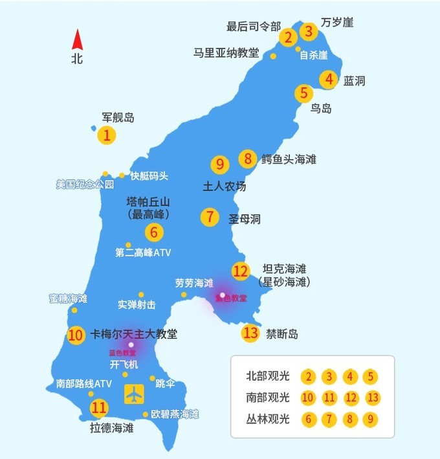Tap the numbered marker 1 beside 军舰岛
[x=107, y=135]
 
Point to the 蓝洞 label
[x=355, y=81]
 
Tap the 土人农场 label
[x=225, y=186]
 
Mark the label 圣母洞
[x=245, y=219]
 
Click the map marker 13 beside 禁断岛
[x=250, y=333]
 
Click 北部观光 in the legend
[x=269, y=376]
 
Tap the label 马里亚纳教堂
[x=226, y=52]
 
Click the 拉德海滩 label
[x=111, y=428]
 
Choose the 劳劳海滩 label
[x=193, y=283]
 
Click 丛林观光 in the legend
[x=269, y=419]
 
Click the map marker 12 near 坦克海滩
[x=241, y=271]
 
